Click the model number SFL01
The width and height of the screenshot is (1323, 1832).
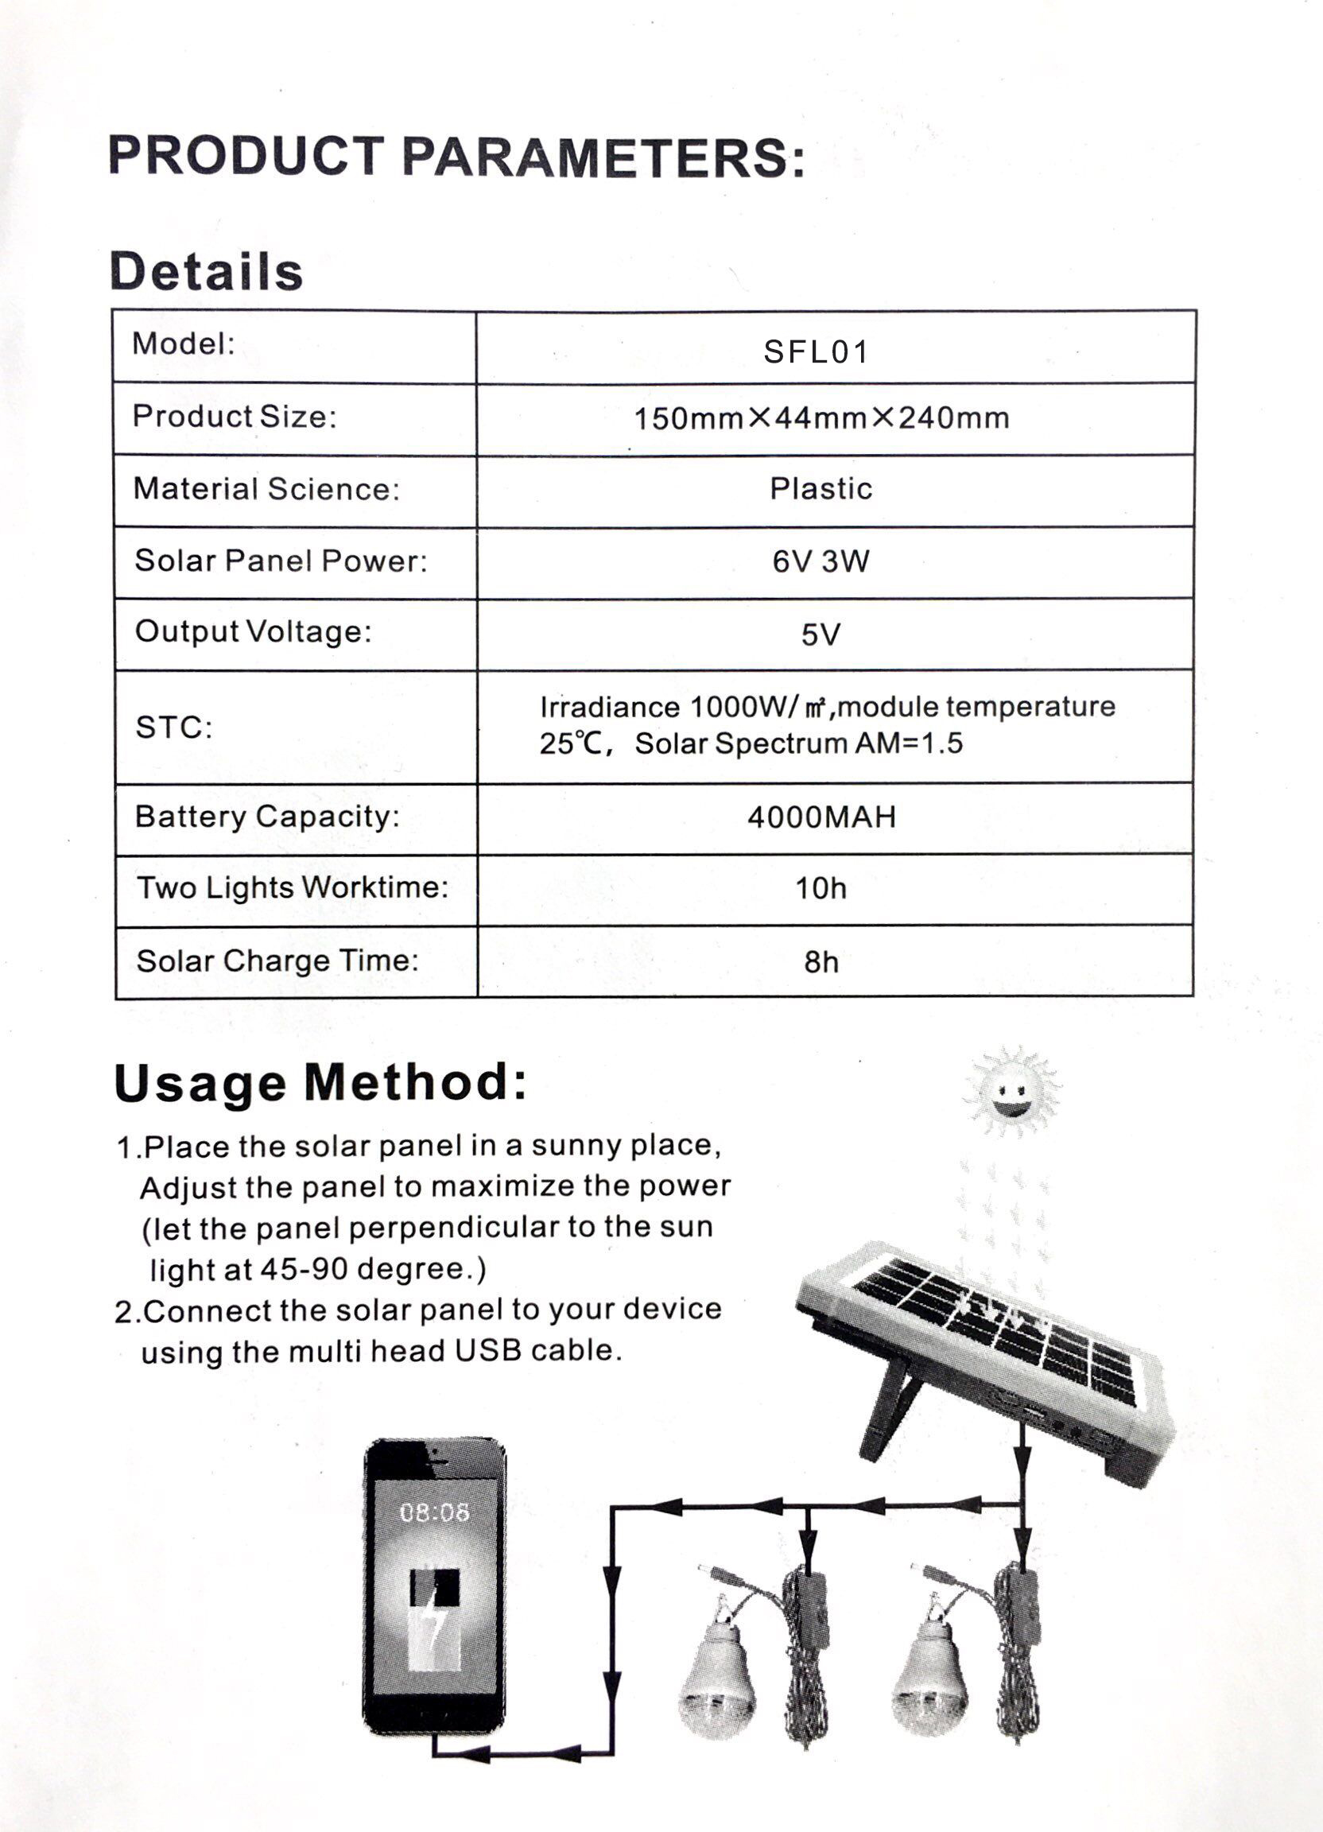click(x=816, y=351)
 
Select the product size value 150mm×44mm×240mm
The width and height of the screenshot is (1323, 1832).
click(x=821, y=418)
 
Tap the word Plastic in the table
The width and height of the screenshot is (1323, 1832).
click(x=821, y=489)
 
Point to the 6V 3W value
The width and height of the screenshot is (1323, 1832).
click(x=821, y=561)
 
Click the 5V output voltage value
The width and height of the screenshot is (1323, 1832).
click(x=821, y=634)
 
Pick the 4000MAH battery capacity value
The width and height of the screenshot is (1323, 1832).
click(x=821, y=817)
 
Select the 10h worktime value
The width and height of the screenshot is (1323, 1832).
click(x=821, y=888)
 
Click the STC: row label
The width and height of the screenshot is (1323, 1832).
click(x=173, y=728)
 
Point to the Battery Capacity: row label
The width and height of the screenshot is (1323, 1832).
click(x=267, y=817)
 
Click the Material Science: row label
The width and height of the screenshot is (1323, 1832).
click(x=266, y=489)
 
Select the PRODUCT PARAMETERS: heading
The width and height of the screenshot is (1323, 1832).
click(x=456, y=156)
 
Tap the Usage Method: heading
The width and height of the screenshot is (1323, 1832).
click(x=320, y=1082)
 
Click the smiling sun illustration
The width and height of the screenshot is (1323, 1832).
click(x=1011, y=1092)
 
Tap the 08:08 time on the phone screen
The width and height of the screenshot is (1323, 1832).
click(x=435, y=1512)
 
